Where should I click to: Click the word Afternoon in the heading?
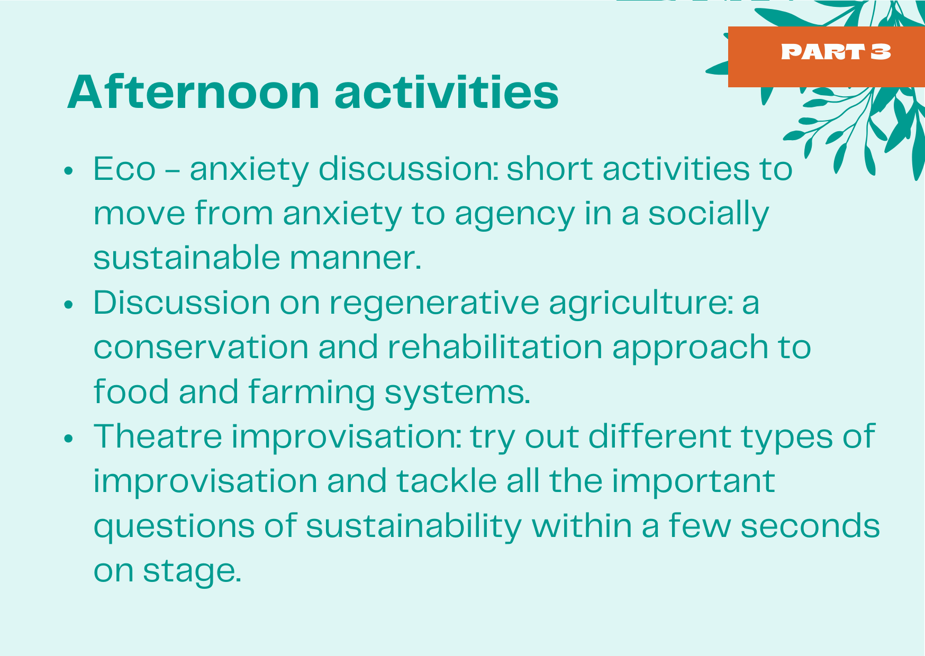tap(194, 93)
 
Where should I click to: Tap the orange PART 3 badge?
tap(826, 57)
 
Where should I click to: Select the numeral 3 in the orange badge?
tap(881, 52)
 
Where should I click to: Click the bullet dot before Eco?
tap(68, 171)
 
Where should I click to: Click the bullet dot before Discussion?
tap(68, 305)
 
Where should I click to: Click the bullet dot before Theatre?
tap(68, 439)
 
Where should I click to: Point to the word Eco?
tap(124, 169)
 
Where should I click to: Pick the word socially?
tap(709, 214)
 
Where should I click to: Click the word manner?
tap(356, 259)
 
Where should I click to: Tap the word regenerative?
tap(434, 304)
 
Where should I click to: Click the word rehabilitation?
tap(495, 347)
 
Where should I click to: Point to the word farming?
tap(311, 393)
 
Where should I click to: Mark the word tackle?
tap(447, 481)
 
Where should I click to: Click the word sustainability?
tap(414, 527)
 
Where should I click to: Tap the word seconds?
tap(810, 526)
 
